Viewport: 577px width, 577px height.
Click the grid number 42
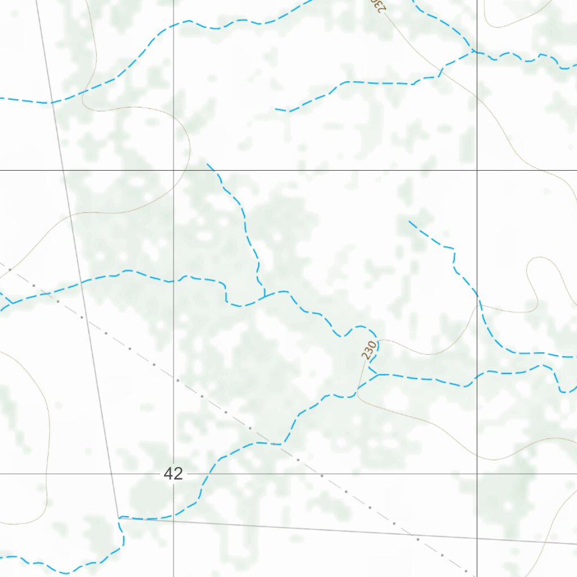point(174,474)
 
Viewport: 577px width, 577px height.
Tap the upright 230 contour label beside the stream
point(369,350)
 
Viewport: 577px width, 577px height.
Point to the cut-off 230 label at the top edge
point(378,5)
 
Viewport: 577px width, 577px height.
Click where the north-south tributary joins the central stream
point(264,295)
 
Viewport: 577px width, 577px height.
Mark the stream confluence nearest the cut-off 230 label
point(472,51)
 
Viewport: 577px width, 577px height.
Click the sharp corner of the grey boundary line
point(118,517)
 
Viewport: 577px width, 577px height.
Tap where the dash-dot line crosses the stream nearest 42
point(276,444)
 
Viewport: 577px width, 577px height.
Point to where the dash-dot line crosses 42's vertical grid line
point(174,378)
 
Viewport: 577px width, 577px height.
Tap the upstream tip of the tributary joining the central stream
point(207,164)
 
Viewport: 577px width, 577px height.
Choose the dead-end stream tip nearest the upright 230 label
point(409,221)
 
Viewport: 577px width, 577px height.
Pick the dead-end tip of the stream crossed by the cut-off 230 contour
point(276,109)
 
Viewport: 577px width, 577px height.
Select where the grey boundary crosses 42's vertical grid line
point(174,520)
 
